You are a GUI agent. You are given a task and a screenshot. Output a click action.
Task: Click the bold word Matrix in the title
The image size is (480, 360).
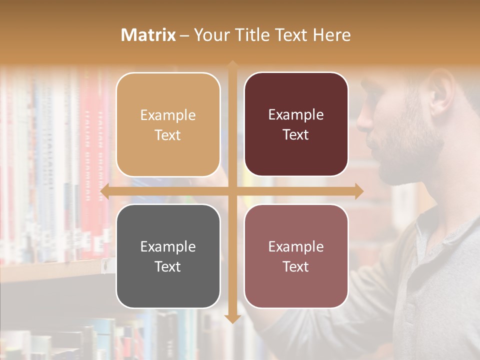pyautogui.click(x=148, y=35)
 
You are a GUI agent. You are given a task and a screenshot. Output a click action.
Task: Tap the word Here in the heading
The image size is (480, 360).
pyautogui.click(x=331, y=35)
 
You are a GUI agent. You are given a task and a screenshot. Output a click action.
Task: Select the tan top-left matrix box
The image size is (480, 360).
pyautogui.click(x=168, y=124)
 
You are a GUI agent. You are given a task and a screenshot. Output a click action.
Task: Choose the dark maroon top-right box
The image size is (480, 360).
pyautogui.click(x=296, y=124)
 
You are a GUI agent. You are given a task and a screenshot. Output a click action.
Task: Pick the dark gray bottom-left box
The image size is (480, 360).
pyautogui.click(x=168, y=256)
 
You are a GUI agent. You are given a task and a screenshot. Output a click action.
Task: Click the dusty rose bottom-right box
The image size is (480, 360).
pyautogui.click(x=296, y=256)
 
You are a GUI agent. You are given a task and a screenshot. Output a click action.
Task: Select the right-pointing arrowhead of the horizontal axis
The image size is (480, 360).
pyautogui.click(x=359, y=191)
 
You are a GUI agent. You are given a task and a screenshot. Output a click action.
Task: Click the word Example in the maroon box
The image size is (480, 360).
pyautogui.click(x=296, y=115)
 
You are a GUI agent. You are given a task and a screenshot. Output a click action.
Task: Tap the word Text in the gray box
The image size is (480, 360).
pyautogui.click(x=168, y=266)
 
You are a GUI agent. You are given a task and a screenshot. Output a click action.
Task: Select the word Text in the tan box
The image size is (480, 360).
pyautogui.click(x=168, y=135)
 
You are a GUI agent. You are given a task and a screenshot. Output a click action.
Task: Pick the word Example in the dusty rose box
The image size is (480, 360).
pyautogui.click(x=296, y=246)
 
